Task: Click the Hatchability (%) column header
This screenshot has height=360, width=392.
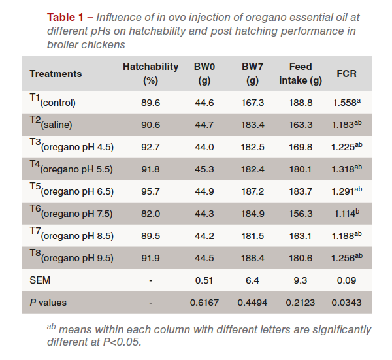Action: click(x=150, y=74)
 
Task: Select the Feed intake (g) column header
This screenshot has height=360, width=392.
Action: click(x=301, y=74)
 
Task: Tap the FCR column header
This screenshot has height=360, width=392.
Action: click(x=346, y=74)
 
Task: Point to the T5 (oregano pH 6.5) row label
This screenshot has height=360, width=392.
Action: click(x=71, y=190)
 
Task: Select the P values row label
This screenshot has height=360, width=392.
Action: click(x=48, y=303)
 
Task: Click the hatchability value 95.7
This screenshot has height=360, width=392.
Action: click(x=150, y=191)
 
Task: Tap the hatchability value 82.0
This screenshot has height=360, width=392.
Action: click(x=150, y=213)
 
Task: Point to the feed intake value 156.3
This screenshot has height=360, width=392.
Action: click(x=301, y=213)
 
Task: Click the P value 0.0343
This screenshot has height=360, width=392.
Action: click(x=346, y=303)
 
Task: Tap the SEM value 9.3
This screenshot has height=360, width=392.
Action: click(x=301, y=280)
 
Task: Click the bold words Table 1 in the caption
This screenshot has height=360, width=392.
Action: click(x=66, y=16)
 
